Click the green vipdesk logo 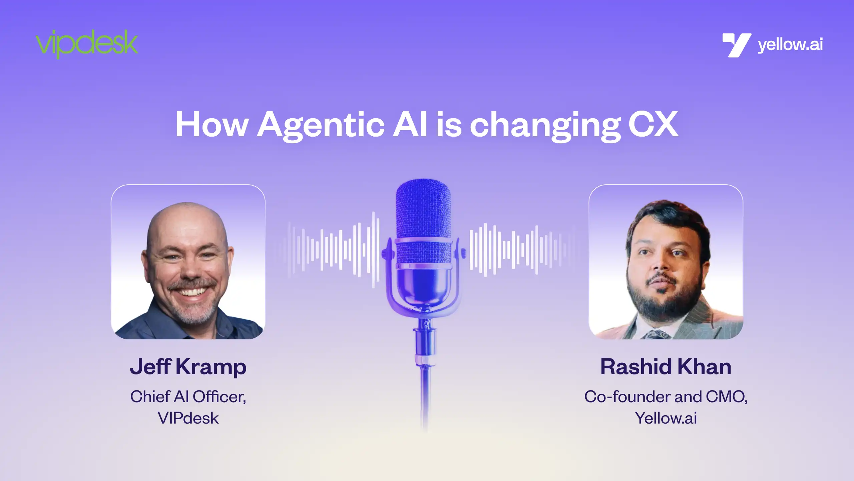87,44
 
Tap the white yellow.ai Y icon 737,45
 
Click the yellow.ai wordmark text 790,45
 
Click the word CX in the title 653,124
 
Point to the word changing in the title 545,126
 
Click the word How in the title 211,124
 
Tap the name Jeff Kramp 188,367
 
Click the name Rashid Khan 666,366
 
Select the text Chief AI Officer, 188,396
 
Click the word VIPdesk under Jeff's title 188,418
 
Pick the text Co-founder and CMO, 666,396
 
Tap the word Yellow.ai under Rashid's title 666,418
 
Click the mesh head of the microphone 423,220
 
